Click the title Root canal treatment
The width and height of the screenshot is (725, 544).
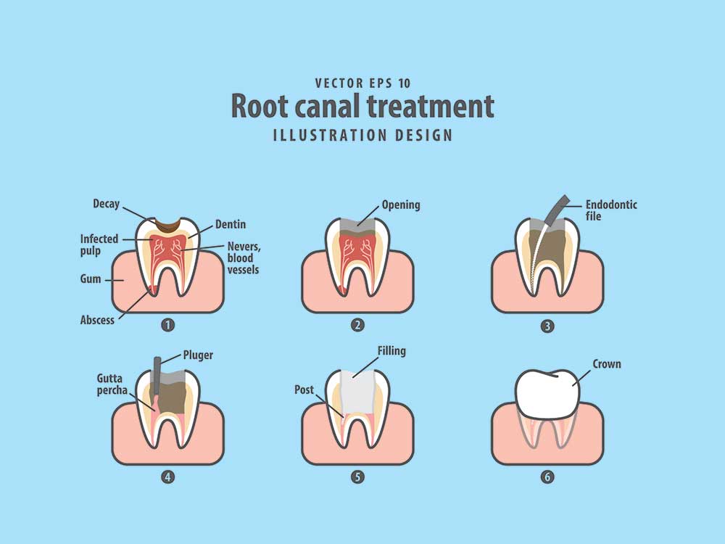tap(362, 106)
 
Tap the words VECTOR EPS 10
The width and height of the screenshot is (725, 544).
tap(362, 83)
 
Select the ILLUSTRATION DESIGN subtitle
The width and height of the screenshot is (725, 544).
tap(362, 135)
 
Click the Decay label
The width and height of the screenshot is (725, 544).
tap(106, 204)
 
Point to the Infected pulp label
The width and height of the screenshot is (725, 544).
tap(99, 244)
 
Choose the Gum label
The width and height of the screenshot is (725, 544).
tap(91, 279)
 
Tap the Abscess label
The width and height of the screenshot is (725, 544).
tap(97, 320)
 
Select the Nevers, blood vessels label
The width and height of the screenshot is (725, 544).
tap(244, 257)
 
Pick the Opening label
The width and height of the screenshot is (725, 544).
tap(401, 205)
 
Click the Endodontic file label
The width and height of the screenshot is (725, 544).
tap(611, 210)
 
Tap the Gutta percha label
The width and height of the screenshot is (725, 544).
tap(114, 384)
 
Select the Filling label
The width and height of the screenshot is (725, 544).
tap(391, 351)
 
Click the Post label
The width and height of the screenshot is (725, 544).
tap(304, 390)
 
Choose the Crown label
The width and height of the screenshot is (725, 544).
tap(607, 363)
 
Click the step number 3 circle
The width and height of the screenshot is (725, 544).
tap(547, 326)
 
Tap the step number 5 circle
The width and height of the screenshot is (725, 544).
tap(357, 477)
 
